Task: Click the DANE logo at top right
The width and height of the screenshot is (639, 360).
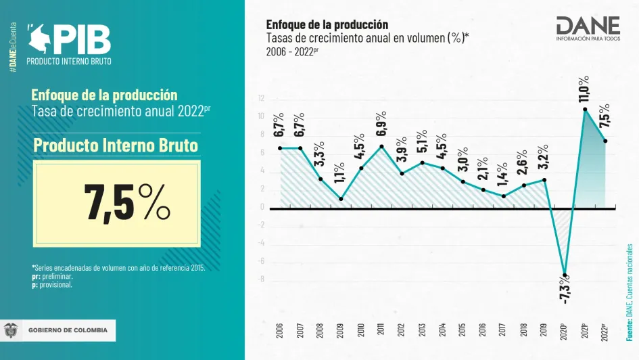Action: [x=587, y=28]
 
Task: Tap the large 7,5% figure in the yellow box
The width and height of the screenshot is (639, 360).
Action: [x=126, y=202]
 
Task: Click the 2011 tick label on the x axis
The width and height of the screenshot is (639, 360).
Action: [x=381, y=330]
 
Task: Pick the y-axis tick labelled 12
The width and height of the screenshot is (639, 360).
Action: [x=260, y=99]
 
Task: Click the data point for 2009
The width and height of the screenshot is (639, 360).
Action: [x=340, y=199]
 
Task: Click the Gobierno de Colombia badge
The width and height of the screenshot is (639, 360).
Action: [x=59, y=330]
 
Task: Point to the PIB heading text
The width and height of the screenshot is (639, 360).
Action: [x=81, y=40]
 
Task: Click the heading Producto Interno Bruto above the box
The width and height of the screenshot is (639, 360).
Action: [x=116, y=145]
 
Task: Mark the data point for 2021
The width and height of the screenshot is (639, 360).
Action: [x=585, y=109]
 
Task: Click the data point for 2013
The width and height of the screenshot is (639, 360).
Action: [x=422, y=162]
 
